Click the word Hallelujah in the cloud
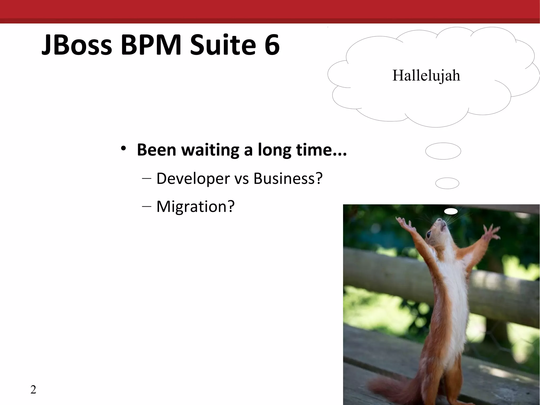coord(426,76)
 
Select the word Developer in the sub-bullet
coord(193,179)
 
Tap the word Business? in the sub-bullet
coord(288,178)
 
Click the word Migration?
coord(195,206)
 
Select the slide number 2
coord(33,389)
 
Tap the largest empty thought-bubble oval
coord(443,151)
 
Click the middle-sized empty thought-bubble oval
coord(447,183)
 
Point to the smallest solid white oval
coord(451,211)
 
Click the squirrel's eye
coord(429,234)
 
